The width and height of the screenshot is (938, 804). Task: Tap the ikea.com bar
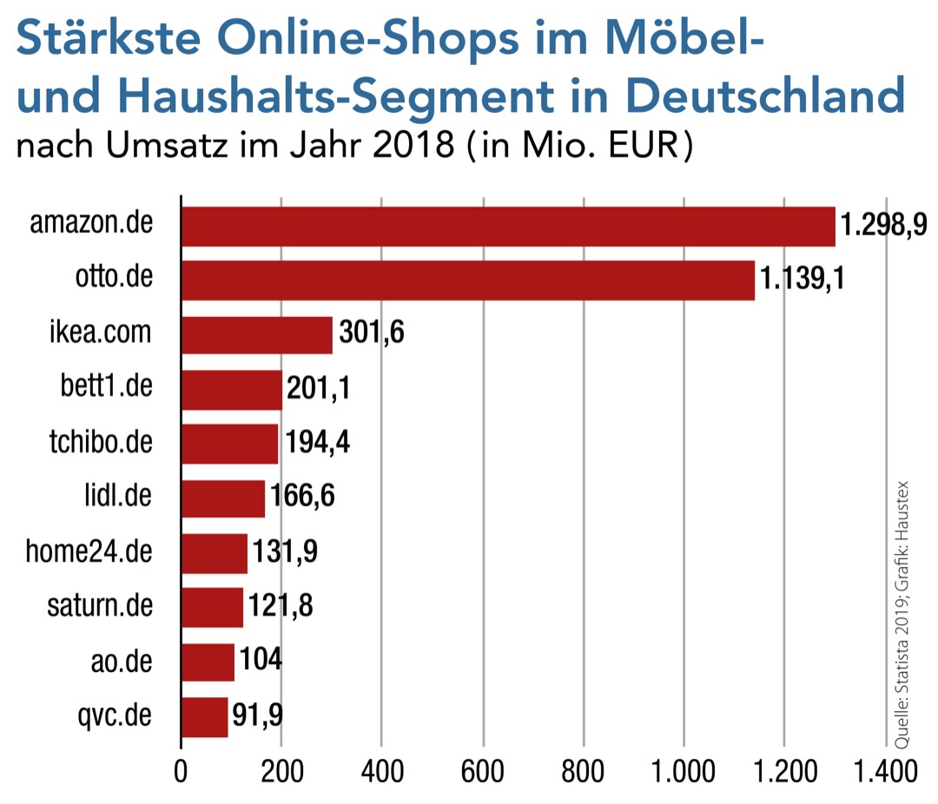point(257,334)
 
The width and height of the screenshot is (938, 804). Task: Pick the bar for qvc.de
point(205,716)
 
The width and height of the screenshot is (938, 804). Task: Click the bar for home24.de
point(215,553)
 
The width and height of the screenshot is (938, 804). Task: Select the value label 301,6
point(372,334)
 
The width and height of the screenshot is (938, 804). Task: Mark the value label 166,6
point(302,498)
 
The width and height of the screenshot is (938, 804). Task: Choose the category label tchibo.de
point(101,443)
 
